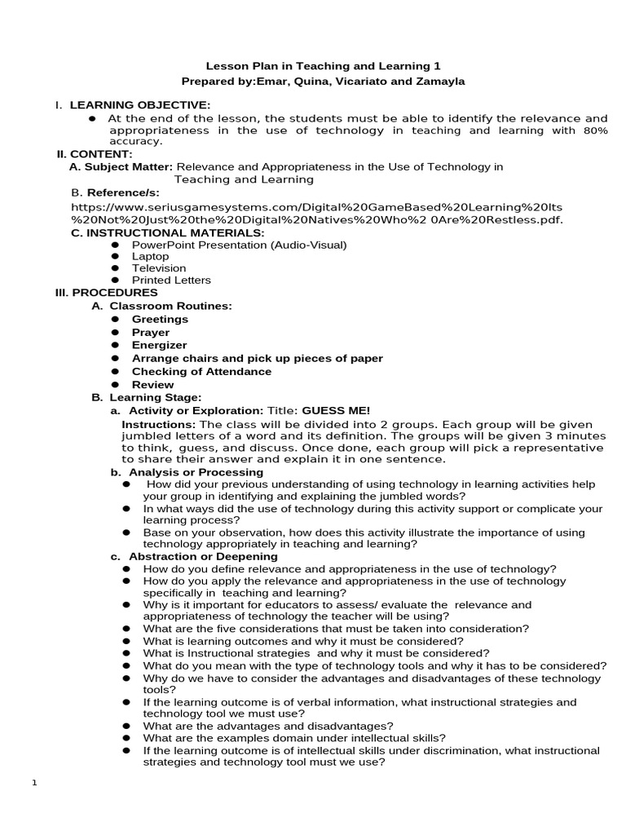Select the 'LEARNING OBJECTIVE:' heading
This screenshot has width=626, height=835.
pos(139,105)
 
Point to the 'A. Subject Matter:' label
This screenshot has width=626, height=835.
pos(121,166)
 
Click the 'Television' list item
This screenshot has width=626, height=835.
pos(159,268)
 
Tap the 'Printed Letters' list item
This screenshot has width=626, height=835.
pos(171,280)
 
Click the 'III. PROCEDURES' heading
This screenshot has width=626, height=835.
pos(106,293)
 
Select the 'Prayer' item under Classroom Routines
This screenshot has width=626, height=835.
pos(151,333)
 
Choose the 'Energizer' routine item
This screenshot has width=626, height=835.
pos(159,346)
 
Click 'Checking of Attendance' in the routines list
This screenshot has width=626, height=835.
pos(201,372)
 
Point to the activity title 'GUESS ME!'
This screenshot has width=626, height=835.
pos(336,411)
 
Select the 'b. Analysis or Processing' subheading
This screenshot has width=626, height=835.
pos(187,472)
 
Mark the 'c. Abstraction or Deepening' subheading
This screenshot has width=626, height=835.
pos(193,557)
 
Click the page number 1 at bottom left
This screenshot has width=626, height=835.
pos(34,784)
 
